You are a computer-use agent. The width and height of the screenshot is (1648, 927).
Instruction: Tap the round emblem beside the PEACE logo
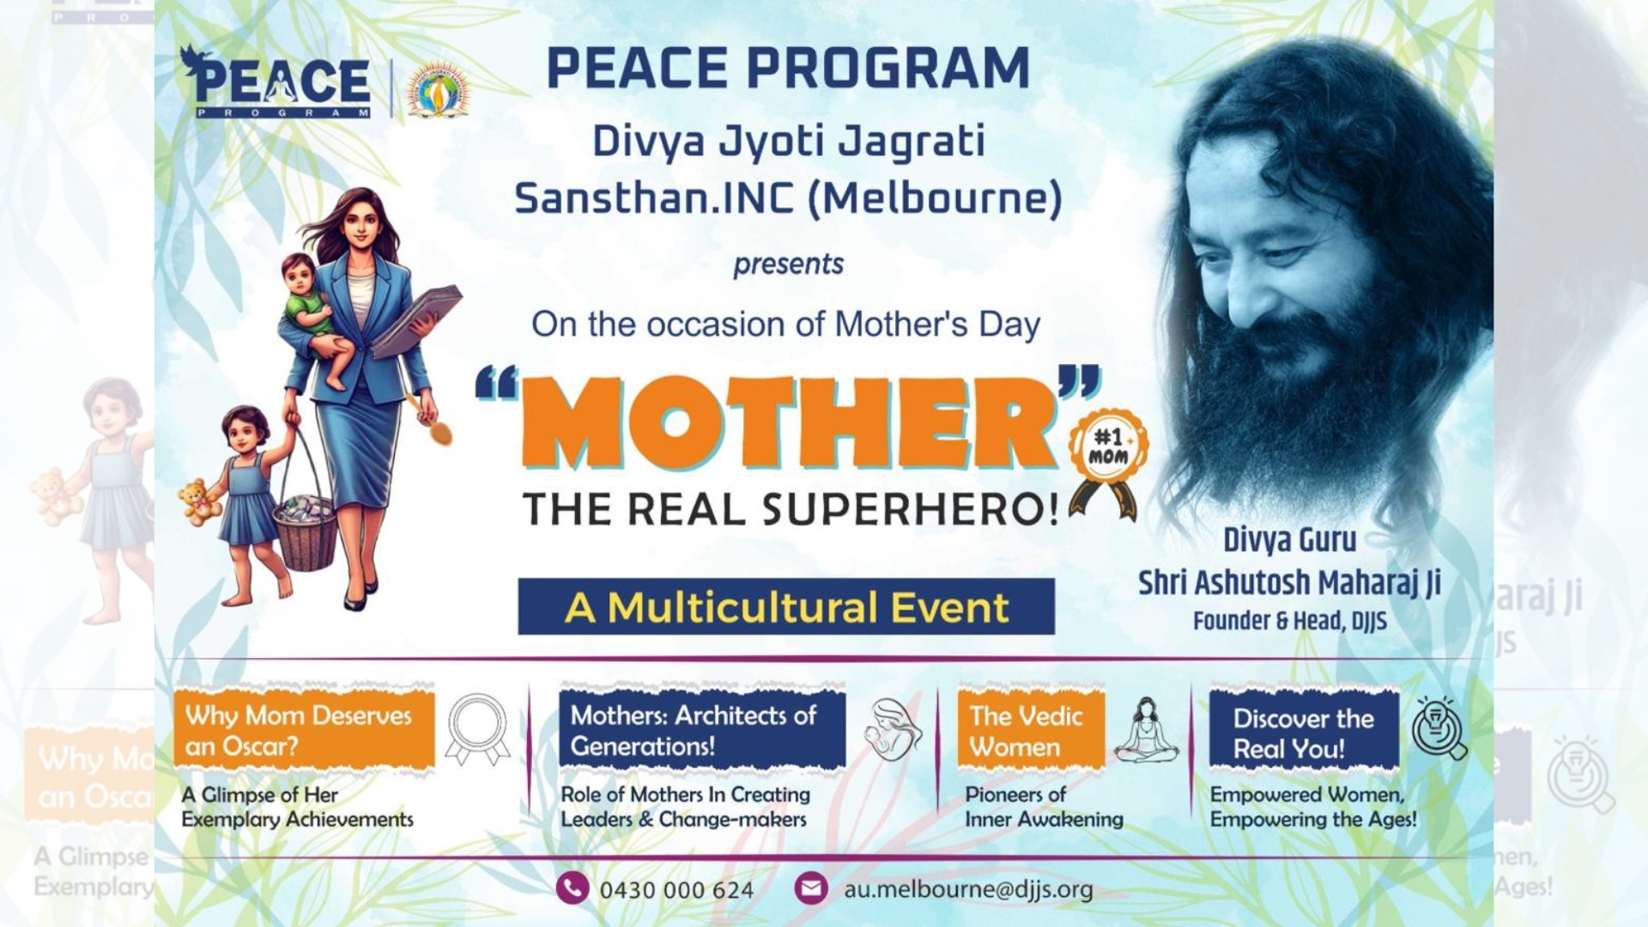[x=439, y=89]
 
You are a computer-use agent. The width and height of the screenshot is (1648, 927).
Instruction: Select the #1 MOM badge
[x=1108, y=463]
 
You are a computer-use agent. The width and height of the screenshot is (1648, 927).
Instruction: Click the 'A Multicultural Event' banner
[x=786, y=607]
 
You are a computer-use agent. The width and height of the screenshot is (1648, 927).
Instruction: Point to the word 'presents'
[x=788, y=264]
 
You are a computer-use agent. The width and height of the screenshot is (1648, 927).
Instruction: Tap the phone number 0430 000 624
[x=676, y=890]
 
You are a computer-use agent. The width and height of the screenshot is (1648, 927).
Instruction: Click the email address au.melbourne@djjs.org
[x=968, y=889]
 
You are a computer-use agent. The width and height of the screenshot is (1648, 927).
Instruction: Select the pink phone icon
[x=573, y=888]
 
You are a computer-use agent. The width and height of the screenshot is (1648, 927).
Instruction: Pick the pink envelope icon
[x=810, y=888]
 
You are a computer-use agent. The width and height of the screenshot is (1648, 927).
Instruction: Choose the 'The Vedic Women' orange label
[x=1031, y=730]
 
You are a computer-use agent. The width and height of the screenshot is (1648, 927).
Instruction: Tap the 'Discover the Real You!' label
[x=1304, y=732]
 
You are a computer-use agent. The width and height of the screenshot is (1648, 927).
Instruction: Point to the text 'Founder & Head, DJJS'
[x=1289, y=621]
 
